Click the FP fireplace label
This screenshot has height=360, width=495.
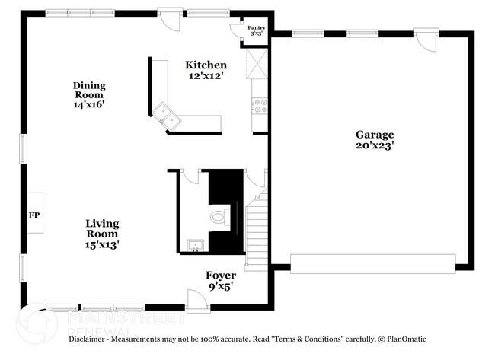point(34,215)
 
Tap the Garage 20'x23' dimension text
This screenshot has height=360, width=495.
point(375,145)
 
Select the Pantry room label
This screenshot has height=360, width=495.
point(257,28)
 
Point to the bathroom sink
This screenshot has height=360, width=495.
point(196,246)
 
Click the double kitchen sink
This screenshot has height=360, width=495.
point(166,116)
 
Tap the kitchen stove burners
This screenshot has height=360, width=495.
point(260,106)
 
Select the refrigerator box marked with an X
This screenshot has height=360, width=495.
point(257,63)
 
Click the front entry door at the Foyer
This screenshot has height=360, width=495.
point(198,301)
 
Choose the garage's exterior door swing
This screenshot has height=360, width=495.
point(426,40)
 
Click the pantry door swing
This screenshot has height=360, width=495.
point(235,31)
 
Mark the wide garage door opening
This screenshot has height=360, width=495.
point(373,264)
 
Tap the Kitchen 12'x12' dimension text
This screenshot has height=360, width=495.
point(206,75)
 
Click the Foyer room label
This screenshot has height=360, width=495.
point(221,275)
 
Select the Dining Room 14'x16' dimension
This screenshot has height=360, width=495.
point(89,104)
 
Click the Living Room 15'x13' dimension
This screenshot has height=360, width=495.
point(102,244)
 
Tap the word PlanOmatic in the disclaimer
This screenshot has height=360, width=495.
point(407,339)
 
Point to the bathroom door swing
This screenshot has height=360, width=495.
point(190,177)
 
